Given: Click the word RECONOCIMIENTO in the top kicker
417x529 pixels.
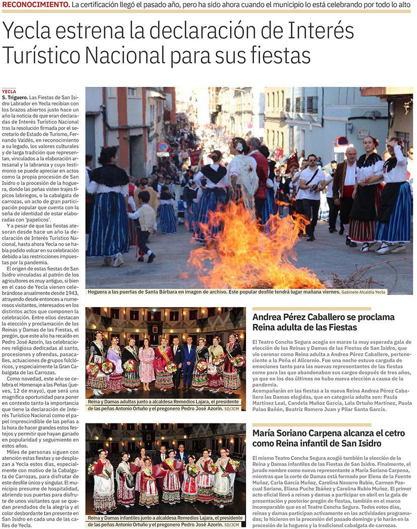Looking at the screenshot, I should click(36, 5).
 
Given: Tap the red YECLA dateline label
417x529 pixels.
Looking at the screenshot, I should click(9, 91).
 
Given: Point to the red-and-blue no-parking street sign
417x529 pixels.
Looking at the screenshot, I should click(163, 147).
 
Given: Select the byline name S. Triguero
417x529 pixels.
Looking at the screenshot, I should click(15, 96).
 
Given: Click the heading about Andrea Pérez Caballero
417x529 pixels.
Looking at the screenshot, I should click(323, 322).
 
